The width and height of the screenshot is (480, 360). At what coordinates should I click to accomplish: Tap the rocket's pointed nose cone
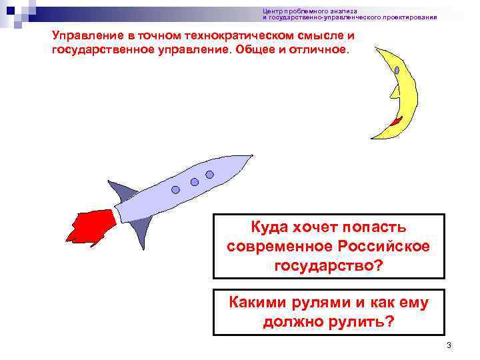(x=244, y=161)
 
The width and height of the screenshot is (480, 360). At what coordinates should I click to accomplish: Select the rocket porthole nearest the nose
(x=209, y=175)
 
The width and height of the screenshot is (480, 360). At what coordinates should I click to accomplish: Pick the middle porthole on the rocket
(x=195, y=181)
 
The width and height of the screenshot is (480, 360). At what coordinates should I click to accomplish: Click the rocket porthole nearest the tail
(x=175, y=189)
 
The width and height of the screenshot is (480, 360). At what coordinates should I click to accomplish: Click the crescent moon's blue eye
(x=397, y=69)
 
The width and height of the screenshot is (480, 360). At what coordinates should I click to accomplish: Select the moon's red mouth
(x=397, y=121)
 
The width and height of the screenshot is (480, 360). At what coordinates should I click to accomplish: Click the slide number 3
(x=449, y=345)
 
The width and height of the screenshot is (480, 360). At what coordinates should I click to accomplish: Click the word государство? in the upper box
(x=328, y=265)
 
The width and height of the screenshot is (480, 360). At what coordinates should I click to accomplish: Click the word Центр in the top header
(x=271, y=11)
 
